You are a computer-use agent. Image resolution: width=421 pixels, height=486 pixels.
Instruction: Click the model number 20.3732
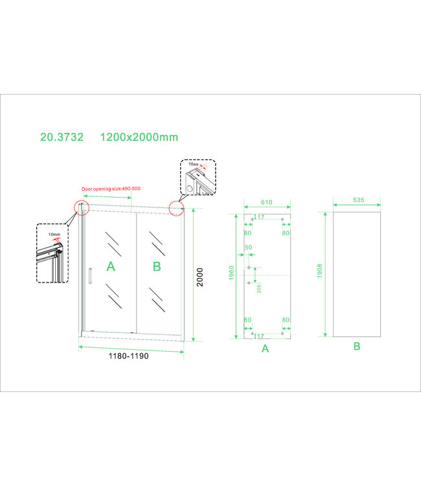point(61,137)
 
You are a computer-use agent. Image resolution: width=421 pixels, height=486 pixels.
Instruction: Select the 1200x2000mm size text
point(139,137)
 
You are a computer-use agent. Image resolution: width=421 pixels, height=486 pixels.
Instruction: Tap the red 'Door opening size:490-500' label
point(111,189)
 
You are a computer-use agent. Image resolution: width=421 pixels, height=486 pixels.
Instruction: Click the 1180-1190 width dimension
point(131,360)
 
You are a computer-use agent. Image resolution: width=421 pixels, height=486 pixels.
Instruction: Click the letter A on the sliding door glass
point(111,266)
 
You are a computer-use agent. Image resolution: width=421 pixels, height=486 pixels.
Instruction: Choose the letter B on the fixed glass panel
point(156,266)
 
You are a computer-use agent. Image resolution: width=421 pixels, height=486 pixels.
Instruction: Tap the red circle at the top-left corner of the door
point(82,207)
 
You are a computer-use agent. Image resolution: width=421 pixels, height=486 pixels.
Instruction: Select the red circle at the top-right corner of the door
point(176,208)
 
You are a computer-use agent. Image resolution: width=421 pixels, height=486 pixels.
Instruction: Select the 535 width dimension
point(355,202)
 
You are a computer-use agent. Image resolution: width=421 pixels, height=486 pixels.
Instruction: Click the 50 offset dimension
point(248,248)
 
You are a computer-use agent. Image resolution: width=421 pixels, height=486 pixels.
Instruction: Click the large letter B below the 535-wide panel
point(356,347)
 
